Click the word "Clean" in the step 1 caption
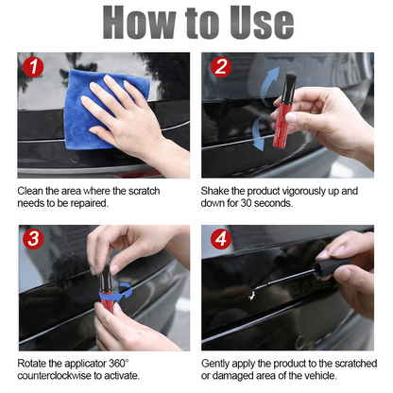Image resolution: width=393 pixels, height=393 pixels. (33, 191)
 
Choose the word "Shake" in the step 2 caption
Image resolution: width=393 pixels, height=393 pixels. (218, 191)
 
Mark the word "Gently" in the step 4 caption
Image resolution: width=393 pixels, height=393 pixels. (219, 362)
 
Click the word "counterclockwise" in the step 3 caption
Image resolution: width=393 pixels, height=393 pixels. (61, 375)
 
